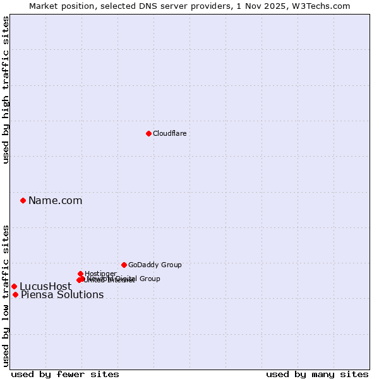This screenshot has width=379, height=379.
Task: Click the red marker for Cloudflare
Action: pyautogui.click(x=148, y=133)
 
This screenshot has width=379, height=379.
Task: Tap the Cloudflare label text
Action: pyautogui.click(x=169, y=133)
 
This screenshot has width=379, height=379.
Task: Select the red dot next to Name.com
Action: pyautogui.click(x=23, y=200)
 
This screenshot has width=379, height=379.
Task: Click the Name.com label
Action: pyautogui.click(x=55, y=201)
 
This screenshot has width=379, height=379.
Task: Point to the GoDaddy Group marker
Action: pyautogui.click(x=124, y=265)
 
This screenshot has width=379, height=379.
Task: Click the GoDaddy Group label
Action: pyautogui.click(x=155, y=265)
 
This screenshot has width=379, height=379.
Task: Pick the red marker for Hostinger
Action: pyautogui.click(x=81, y=274)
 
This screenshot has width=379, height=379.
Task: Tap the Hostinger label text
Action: pyautogui.click(x=100, y=274)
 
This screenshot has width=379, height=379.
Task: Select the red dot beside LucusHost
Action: pyautogui.click(x=15, y=286)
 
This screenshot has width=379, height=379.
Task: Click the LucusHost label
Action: pyautogui.click(x=45, y=287)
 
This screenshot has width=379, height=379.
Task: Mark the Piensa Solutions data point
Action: pyautogui.click(x=16, y=294)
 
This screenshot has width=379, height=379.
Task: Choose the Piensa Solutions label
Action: pyautogui.click(x=62, y=295)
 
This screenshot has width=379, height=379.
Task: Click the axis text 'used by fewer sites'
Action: pyautogui.click(x=65, y=374)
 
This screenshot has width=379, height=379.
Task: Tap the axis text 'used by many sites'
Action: pyautogui.click(x=317, y=374)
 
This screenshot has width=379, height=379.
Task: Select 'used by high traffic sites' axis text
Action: pyautogui.click(x=6, y=90)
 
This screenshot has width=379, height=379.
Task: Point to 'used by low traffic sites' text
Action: pyautogui.click(x=6, y=296)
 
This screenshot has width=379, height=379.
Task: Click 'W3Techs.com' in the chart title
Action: pyautogui.click(x=324, y=6)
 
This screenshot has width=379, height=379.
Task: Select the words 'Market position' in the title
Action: pyautogui.click(x=59, y=6)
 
